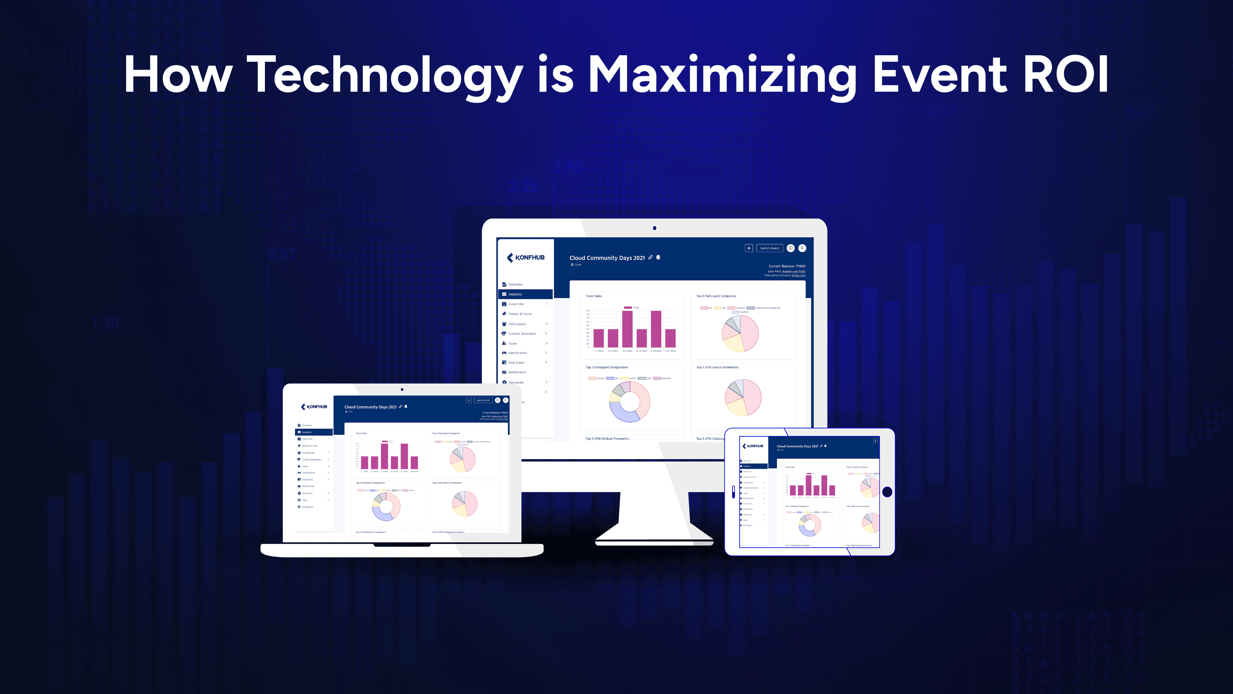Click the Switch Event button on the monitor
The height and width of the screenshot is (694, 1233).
tap(769, 248)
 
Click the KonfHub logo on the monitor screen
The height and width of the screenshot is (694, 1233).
tap(526, 258)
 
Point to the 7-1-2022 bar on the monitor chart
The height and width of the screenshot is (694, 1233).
tap(598, 338)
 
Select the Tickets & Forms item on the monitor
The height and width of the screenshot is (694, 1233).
tap(520, 314)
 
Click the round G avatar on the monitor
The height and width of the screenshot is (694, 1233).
tap(802, 248)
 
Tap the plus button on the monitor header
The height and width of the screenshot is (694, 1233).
tap(748, 248)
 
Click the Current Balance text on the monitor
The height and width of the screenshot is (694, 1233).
tap(786, 266)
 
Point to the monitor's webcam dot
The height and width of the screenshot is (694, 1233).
tap(654, 228)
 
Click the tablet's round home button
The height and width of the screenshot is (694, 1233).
tap(887, 492)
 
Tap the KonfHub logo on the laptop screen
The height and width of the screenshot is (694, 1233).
tap(314, 407)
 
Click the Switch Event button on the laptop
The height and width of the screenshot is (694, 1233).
tap(483, 400)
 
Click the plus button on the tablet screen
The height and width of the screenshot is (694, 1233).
tap(875, 440)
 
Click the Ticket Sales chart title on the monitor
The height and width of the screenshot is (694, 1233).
tap(593, 296)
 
